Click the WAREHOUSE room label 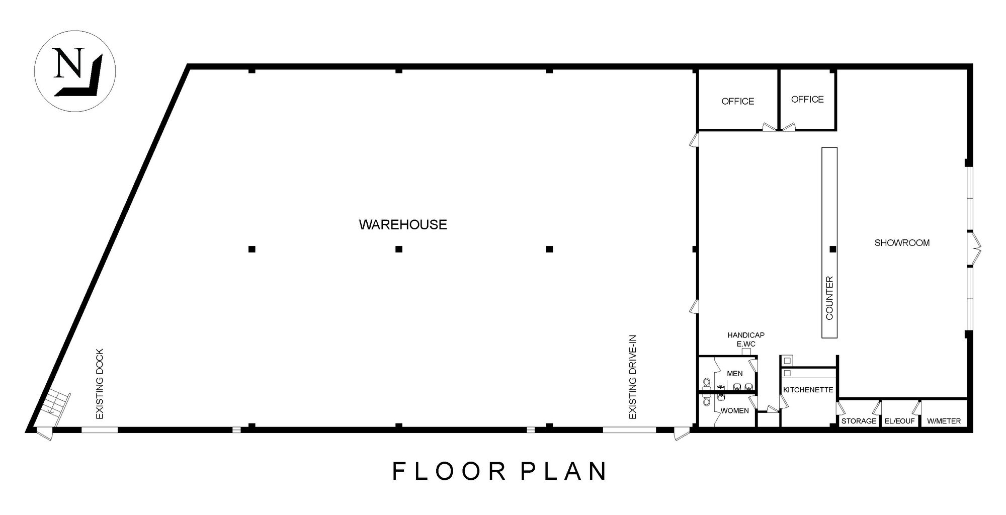click(x=403, y=224)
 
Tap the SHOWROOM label click(x=902, y=243)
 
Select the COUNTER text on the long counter click(x=829, y=298)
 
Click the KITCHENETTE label click(x=808, y=390)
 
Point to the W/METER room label click(x=944, y=421)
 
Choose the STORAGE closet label click(x=859, y=421)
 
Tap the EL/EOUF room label click(x=899, y=421)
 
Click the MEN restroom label click(x=735, y=374)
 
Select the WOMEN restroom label click(x=735, y=411)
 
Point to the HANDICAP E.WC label click(x=746, y=339)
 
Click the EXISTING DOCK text click(x=100, y=384)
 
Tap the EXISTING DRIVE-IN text click(x=633, y=377)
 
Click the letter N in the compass click(x=68, y=63)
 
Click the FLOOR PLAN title click(x=499, y=471)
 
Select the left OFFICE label click(x=737, y=102)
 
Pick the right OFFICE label click(x=807, y=100)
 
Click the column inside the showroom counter click(x=833, y=249)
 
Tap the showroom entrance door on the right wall click(x=975, y=248)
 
